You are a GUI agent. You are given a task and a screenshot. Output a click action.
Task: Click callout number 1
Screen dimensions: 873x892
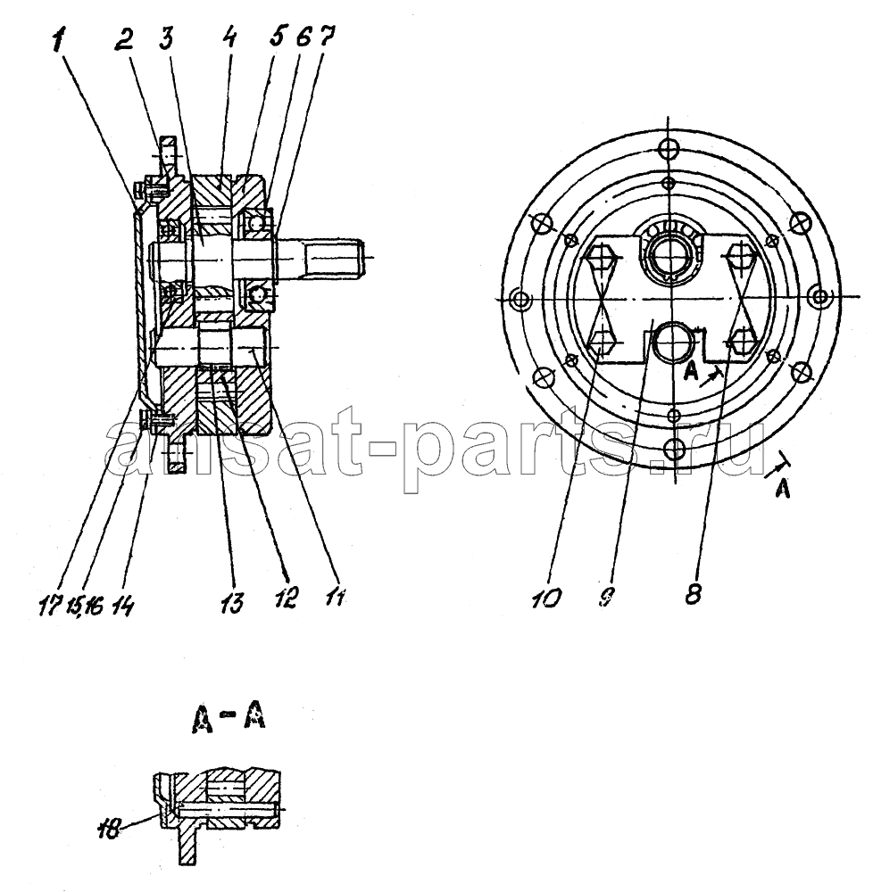60,42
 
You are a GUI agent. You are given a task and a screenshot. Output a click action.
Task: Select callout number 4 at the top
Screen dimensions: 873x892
229,38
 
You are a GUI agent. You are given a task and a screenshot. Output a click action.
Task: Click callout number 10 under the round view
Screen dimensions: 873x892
546,598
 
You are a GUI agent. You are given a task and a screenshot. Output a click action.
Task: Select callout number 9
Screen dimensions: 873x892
607,596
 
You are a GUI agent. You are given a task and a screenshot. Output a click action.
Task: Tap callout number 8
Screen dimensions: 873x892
693,593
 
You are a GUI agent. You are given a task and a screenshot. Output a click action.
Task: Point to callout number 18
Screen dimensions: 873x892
109,830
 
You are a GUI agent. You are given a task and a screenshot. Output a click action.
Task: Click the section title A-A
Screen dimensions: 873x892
227,721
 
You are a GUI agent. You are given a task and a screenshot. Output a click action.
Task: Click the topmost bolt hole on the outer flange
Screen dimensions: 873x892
669,150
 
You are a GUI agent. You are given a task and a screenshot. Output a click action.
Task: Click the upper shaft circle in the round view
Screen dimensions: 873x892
670,255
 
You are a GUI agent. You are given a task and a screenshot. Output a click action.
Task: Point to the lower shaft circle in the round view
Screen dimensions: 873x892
675,342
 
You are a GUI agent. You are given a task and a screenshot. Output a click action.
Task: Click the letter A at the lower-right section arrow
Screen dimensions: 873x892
784,489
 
